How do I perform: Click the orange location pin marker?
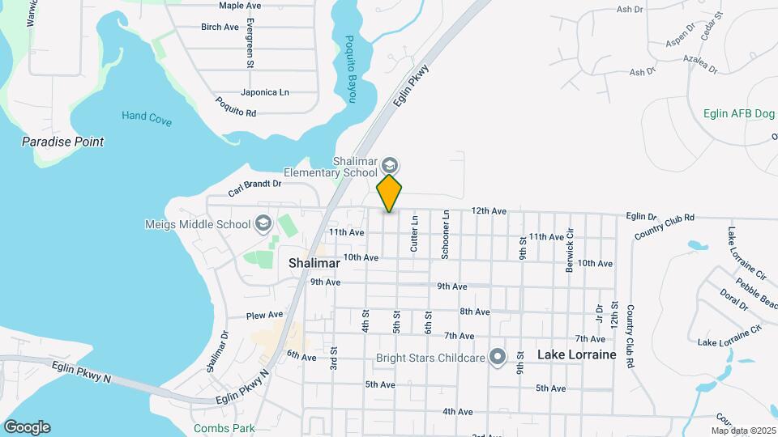pos(390,193)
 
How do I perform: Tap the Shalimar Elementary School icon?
pos(390,164)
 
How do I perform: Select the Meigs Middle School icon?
pos(263,223)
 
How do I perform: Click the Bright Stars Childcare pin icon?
pos(498,357)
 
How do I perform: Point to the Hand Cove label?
pos(147,117)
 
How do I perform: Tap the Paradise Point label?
pos(62,142)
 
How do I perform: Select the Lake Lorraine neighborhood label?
pos(576,354)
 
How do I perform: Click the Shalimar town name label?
pos(314,263)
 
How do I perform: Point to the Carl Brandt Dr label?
pos(254,189)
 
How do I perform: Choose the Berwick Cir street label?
pos(571,250)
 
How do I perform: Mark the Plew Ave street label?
pos(265,315)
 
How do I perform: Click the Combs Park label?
pos(224,428)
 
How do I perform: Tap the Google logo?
pos(26,426)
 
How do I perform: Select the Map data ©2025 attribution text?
pos(743,431)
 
